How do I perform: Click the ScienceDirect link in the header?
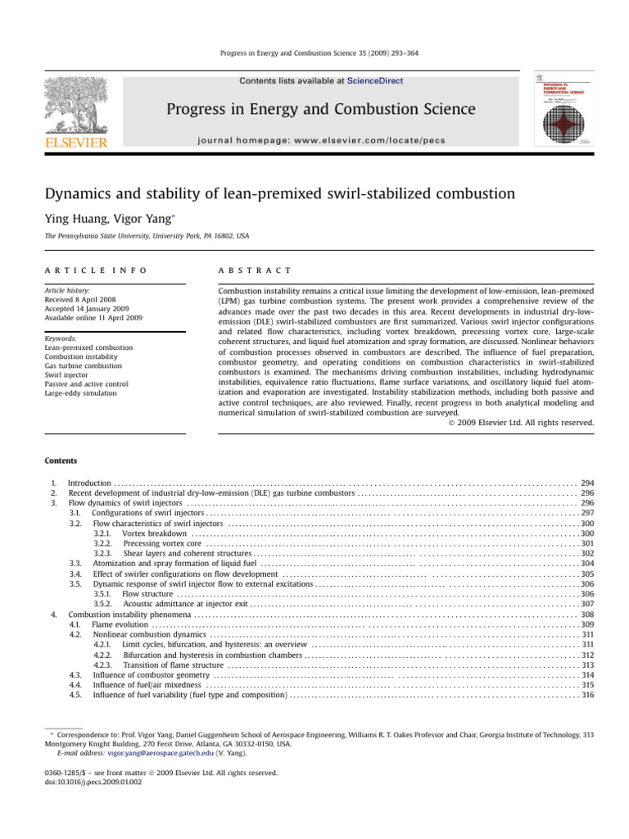pyautogui.click(x=376, y=81)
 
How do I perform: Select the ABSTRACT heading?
pyautogui.click(x=247, y=270)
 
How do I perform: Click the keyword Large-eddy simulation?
pyautogui.click(x=83, y=393)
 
